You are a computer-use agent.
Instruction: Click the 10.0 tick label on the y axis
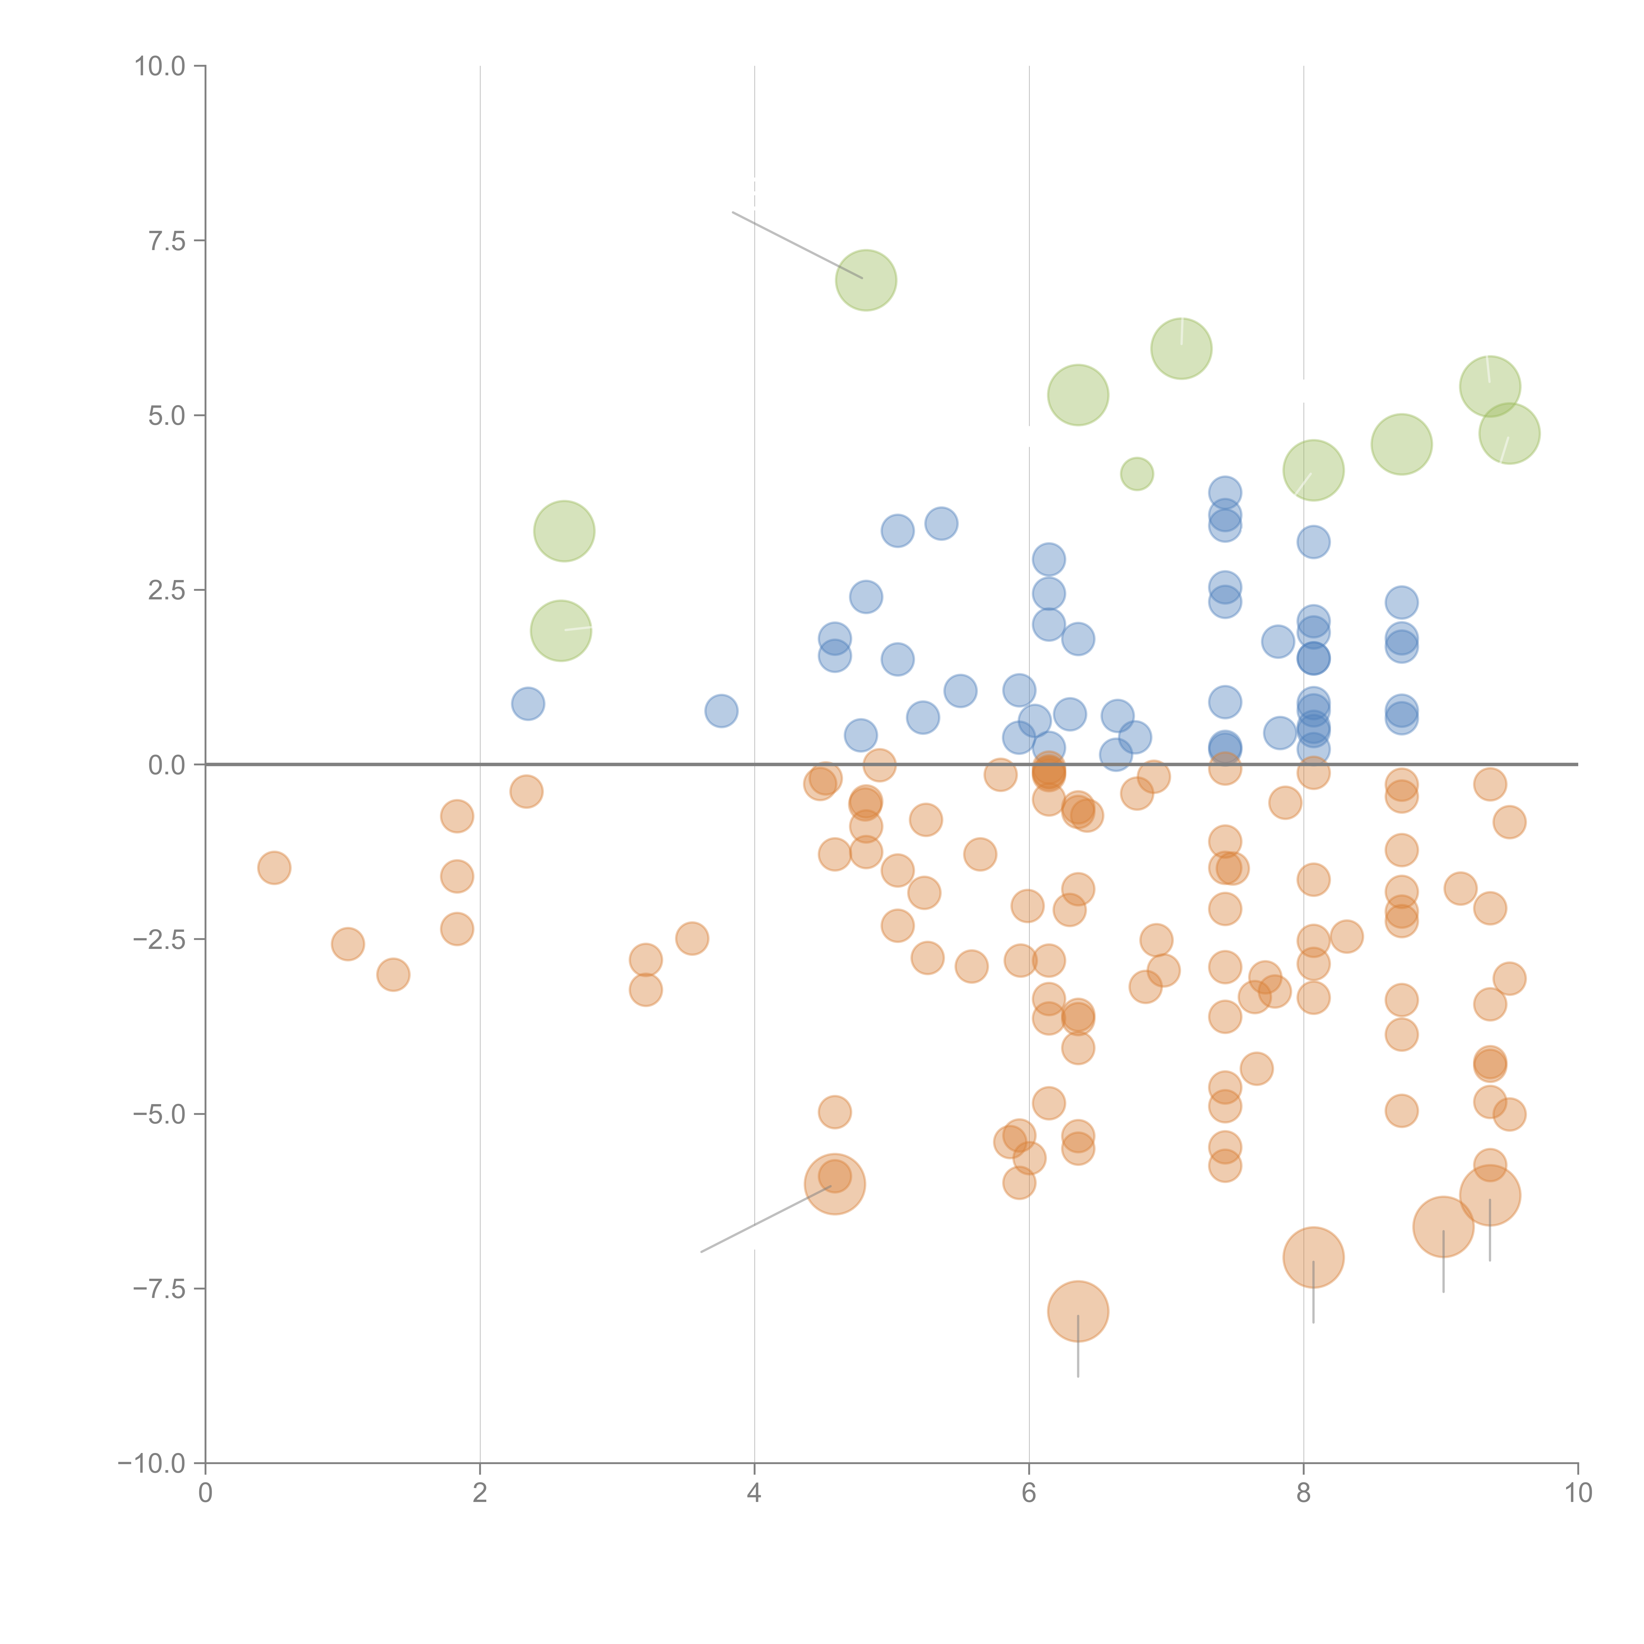tap(160, 66)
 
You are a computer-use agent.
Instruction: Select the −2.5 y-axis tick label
tap(158, 939)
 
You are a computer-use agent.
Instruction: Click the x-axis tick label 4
tap(754, 1493)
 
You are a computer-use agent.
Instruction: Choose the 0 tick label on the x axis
tap(205, 1493)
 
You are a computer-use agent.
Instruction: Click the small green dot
tap(1137, 473)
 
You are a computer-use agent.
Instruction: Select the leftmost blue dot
tap(528, 704)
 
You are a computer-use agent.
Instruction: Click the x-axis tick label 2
tap(480, 1493)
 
